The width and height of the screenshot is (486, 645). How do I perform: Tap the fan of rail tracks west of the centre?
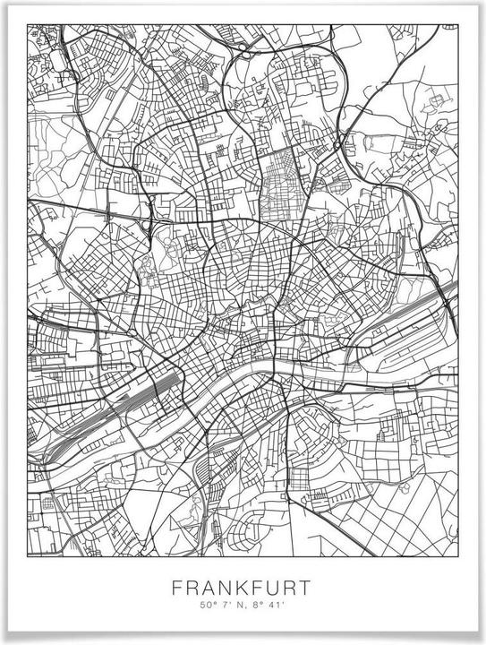pyautogui.click(x=134, y=394)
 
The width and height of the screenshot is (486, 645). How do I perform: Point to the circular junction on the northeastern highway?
pyautogui.click(x=337, y=143)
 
